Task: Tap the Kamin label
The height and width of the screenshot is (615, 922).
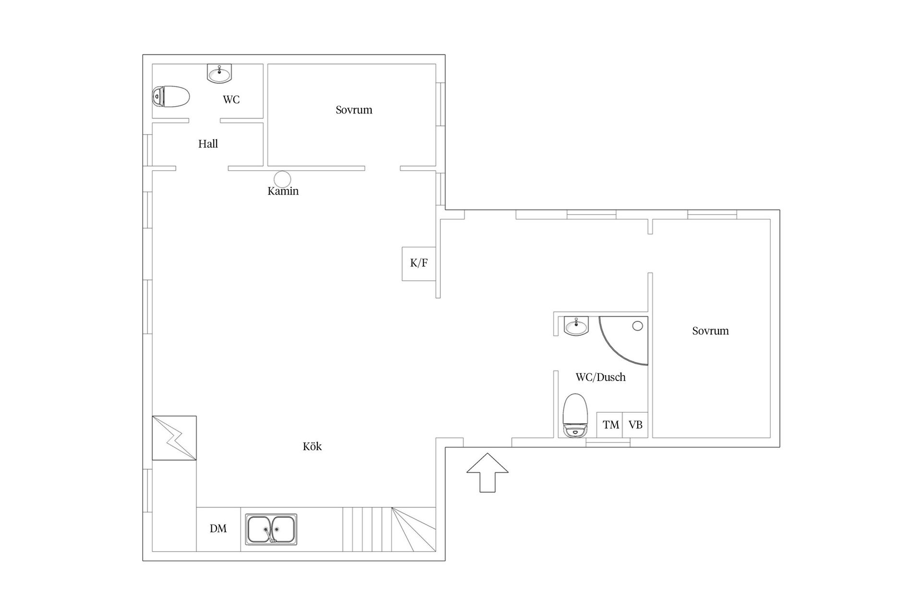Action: (x=283, y=191)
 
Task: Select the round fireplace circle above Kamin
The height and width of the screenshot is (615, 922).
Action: (x=283, y=179)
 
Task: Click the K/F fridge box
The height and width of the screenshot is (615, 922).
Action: (x=419, y=264)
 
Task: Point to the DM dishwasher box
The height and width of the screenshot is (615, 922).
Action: (x=218, y=529)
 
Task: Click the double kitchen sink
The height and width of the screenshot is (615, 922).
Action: (x=271, y=529)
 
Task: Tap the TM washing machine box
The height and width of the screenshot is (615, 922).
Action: (x=610, y=425)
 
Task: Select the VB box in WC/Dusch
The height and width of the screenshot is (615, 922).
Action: (x=635, y=425)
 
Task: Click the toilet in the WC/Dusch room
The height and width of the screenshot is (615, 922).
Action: (x=575, y=416)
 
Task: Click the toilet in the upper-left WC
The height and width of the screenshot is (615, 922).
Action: (x=170, y=97)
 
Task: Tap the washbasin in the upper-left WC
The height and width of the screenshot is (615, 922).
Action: (x=219, y=74)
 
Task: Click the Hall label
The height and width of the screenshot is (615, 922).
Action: (x=208, y=144)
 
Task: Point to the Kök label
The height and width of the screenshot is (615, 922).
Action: (x=312, y=446)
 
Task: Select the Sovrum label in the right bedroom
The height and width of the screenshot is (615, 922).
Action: (x=710, y=331)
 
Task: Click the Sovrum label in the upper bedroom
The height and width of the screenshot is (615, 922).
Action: (x=354, y=110)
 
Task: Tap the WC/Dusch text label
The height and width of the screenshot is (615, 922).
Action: (x=600, y=377)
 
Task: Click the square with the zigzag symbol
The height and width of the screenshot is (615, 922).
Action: (x=174, y=438)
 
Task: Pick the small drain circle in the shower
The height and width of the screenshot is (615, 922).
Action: (x=637, y=326)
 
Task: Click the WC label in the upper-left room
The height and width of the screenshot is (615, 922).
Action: (x=231, y=99)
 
